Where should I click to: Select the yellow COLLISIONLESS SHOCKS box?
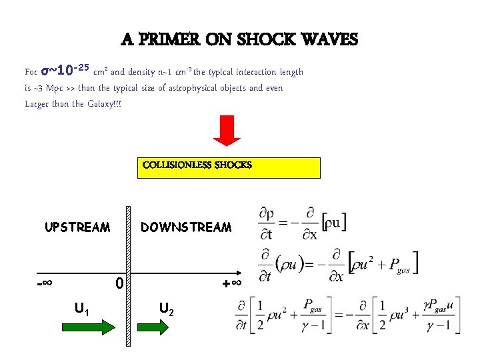click(x=229, y=167)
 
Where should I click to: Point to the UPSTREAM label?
click(x=77, y=227)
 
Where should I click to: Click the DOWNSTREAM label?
click(x=186, y=227)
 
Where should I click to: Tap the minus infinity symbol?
click(x=45, y=283)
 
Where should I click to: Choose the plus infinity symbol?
click(x=231, y=284)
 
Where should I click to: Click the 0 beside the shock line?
click(x=119, y=284)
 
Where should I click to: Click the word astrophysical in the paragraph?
click(x=192, y=87)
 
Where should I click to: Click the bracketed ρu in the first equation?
click(x=334, y=223)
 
